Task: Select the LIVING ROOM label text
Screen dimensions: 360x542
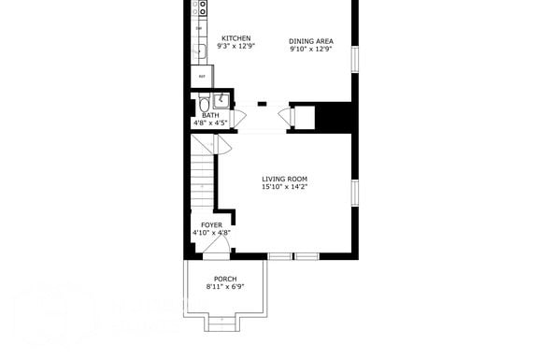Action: [284, 179]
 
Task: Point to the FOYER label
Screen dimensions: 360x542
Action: [211, 224]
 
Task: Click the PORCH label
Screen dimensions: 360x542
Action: [225, 279]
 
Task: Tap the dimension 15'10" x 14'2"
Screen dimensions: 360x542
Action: [284, 187]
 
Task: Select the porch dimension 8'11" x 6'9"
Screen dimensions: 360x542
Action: [225, 287]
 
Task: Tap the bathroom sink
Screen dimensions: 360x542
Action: [222, 101]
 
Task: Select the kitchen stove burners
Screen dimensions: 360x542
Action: [200, 8]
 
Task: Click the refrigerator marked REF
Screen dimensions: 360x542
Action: [202, 75]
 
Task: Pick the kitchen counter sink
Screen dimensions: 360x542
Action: [199, 50]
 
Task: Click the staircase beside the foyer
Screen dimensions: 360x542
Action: [203, 178]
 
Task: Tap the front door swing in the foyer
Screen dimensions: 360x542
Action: [216, 246]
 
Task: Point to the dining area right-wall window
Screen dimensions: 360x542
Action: [354, 58]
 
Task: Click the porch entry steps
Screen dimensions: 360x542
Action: [221, 322]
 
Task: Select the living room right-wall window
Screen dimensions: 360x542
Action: [354, 192]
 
